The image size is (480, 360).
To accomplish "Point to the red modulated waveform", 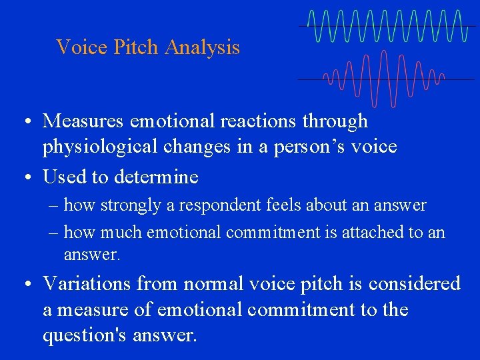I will pyautogui.click(x=383, y=79).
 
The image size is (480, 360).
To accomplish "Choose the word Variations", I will pyautogui.click(x=87, y=284).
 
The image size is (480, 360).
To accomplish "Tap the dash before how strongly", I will pyautogui.click(x=54, y=206).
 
